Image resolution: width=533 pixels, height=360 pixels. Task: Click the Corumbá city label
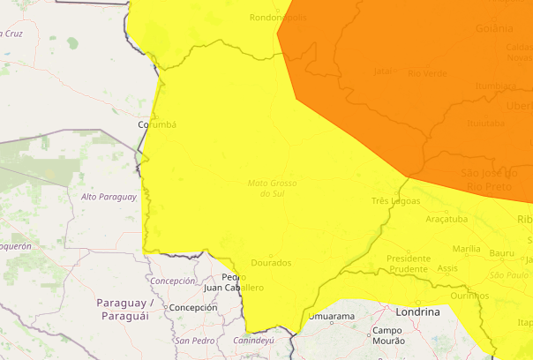click(x=157, y=124)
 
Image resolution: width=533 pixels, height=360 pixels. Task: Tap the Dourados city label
click(x=271, y=263)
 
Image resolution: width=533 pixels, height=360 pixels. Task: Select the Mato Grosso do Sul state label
click(x=272, y=188)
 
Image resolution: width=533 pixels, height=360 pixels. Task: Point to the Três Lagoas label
click(x=394, y=201)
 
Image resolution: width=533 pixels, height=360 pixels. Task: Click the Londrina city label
click(x=418, y=312)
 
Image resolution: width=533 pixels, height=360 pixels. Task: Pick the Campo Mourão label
click(x=387, y=335)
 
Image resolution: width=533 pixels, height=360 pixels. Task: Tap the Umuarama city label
click(x=332, y=316)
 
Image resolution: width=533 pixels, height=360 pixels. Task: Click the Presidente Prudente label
click(x=409, y=263)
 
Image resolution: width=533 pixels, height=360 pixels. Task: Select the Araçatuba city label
click(x=446, y=218)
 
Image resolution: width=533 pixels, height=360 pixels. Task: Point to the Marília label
click(x=466, y=249)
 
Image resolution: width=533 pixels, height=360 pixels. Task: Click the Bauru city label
click(x=501, y=253)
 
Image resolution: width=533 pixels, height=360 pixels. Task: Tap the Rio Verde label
click(x=426, y=72)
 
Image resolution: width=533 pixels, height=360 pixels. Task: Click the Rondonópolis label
click(x=278, y=17)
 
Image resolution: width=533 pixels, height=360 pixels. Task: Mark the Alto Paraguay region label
click(x=109, y=197)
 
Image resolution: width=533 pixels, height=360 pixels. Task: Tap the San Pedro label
click(x=195, y=341)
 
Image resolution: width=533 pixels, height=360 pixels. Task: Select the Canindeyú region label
click(x=253, y=340)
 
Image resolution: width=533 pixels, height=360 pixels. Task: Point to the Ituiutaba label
click(x=485, y=124)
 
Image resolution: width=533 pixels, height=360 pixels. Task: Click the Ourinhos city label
click(x=468, y=296)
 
